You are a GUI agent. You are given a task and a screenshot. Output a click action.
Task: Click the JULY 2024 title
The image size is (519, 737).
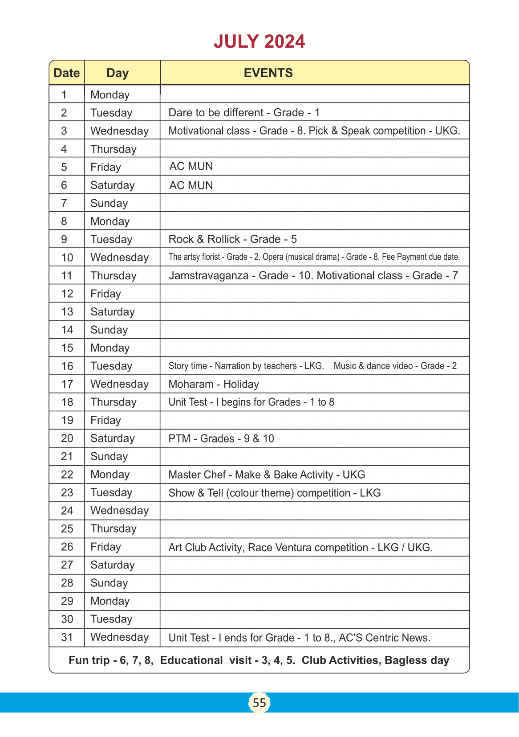259,41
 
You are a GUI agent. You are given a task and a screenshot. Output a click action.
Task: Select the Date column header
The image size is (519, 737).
67,73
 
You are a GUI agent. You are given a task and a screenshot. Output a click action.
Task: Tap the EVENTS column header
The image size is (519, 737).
268,73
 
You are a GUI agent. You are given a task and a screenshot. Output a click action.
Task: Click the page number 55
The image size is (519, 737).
259,703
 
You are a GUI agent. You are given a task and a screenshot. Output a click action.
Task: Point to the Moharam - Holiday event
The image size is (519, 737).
213,384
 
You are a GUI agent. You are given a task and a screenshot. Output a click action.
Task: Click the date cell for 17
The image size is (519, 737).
67,384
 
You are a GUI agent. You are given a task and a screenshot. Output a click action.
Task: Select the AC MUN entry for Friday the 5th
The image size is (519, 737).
191,167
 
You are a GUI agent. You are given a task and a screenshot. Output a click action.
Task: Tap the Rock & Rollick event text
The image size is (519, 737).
232,239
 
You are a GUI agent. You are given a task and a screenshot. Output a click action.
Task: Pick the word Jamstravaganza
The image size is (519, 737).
208,275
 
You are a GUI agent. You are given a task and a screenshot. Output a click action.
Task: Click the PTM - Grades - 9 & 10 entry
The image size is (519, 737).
221,438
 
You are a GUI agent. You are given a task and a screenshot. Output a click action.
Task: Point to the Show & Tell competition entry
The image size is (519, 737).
274,493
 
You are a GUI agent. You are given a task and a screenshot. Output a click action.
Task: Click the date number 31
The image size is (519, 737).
67,637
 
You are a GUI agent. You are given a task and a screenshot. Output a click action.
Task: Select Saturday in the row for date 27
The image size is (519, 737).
112,565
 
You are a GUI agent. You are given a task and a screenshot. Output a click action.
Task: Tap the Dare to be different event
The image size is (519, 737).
244,113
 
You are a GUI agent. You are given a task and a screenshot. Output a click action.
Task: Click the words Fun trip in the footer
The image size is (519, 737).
89,660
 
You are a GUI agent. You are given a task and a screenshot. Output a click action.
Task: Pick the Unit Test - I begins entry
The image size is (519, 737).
251,402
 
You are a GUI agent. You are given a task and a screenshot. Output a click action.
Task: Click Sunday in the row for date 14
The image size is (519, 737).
109,330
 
